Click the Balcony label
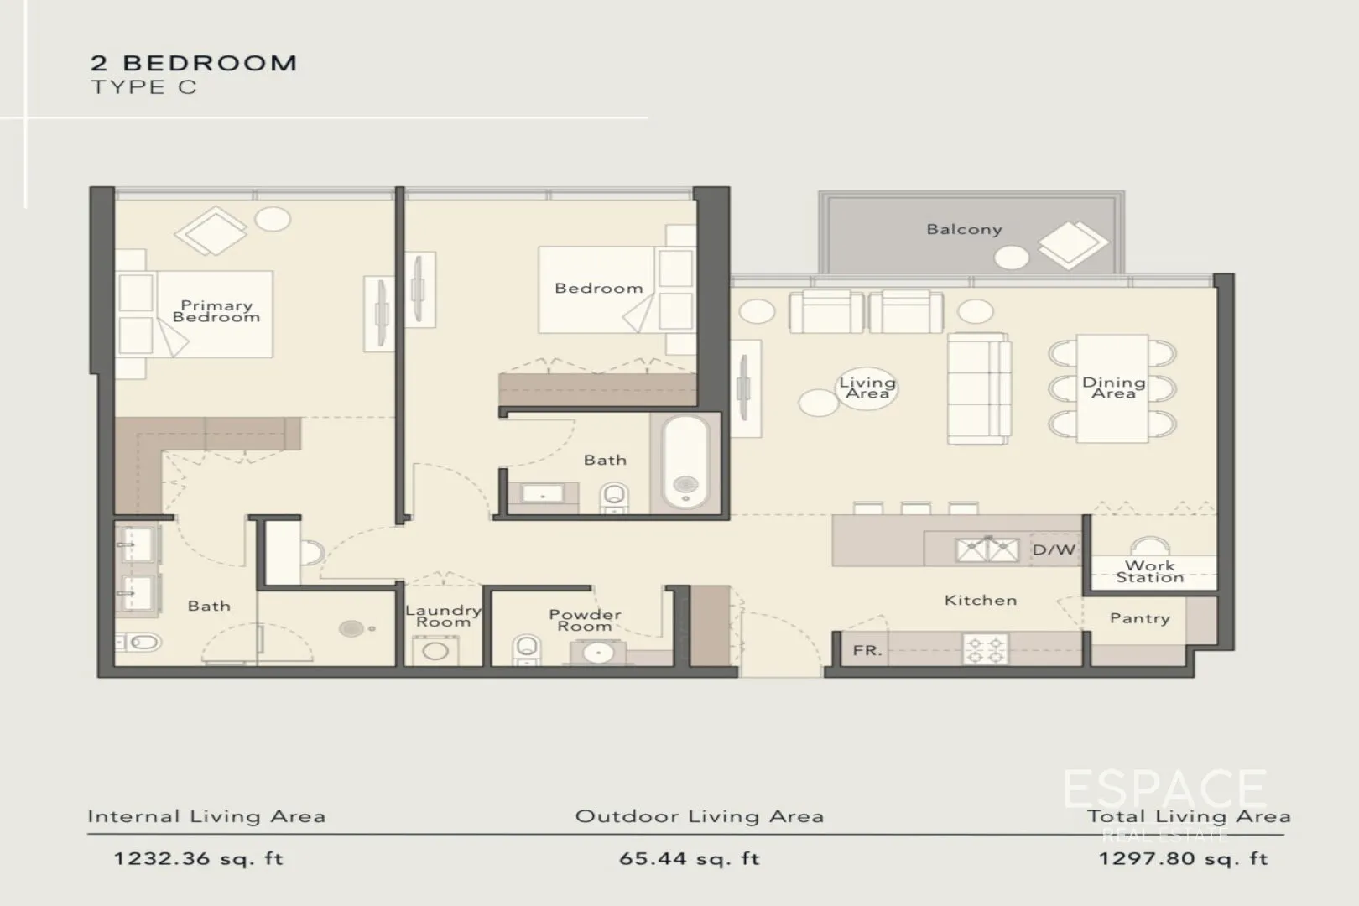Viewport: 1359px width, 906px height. click(964, 229)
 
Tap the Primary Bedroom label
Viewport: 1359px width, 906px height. click(216, 311)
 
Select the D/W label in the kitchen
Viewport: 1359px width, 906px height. click(1054, 550)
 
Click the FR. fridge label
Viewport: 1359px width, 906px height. click(867, 650)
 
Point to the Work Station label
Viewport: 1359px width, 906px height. click(1150, 571)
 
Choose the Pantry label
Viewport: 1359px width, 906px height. click(1139, 618)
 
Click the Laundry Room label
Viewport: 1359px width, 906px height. click(443, 616)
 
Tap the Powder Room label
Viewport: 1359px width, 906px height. click(585, 620)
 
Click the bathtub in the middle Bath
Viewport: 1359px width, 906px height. click(685, 461)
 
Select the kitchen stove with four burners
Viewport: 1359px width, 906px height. click(986, 648)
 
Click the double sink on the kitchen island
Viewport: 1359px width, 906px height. click(987, 550)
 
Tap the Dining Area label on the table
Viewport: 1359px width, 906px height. click(1113, 388)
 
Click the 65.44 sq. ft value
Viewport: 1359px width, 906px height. click(689, 859)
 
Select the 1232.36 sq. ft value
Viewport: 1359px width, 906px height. click(198, 859)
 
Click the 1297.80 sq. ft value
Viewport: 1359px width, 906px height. click(1183, 859)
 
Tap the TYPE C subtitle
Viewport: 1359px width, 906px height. click(143, 87)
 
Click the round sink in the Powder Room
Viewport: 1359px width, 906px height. click(597, 652)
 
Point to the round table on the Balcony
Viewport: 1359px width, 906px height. click(1011, 258)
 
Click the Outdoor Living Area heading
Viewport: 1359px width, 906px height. click(699, 816)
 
